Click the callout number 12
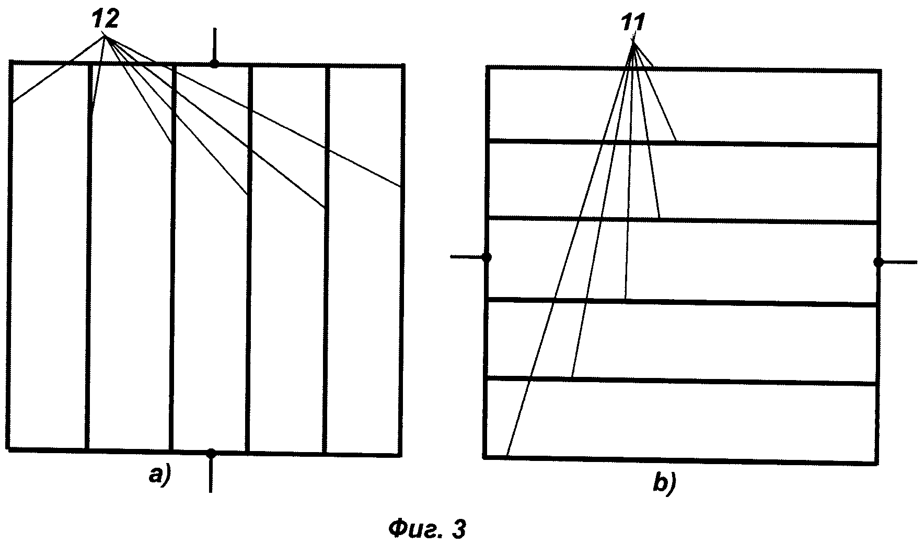[x=106, y=19]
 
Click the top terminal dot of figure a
[x=214, y=64]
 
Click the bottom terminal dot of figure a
[x=211, y=453]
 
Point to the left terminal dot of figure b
[x=487, y=257]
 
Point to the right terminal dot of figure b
[x=879, y=262]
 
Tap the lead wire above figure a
[x=214, y=44]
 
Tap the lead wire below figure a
[x=211, y=475]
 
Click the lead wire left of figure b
[x=467, y=256]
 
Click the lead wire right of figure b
[x=899, y=262]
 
